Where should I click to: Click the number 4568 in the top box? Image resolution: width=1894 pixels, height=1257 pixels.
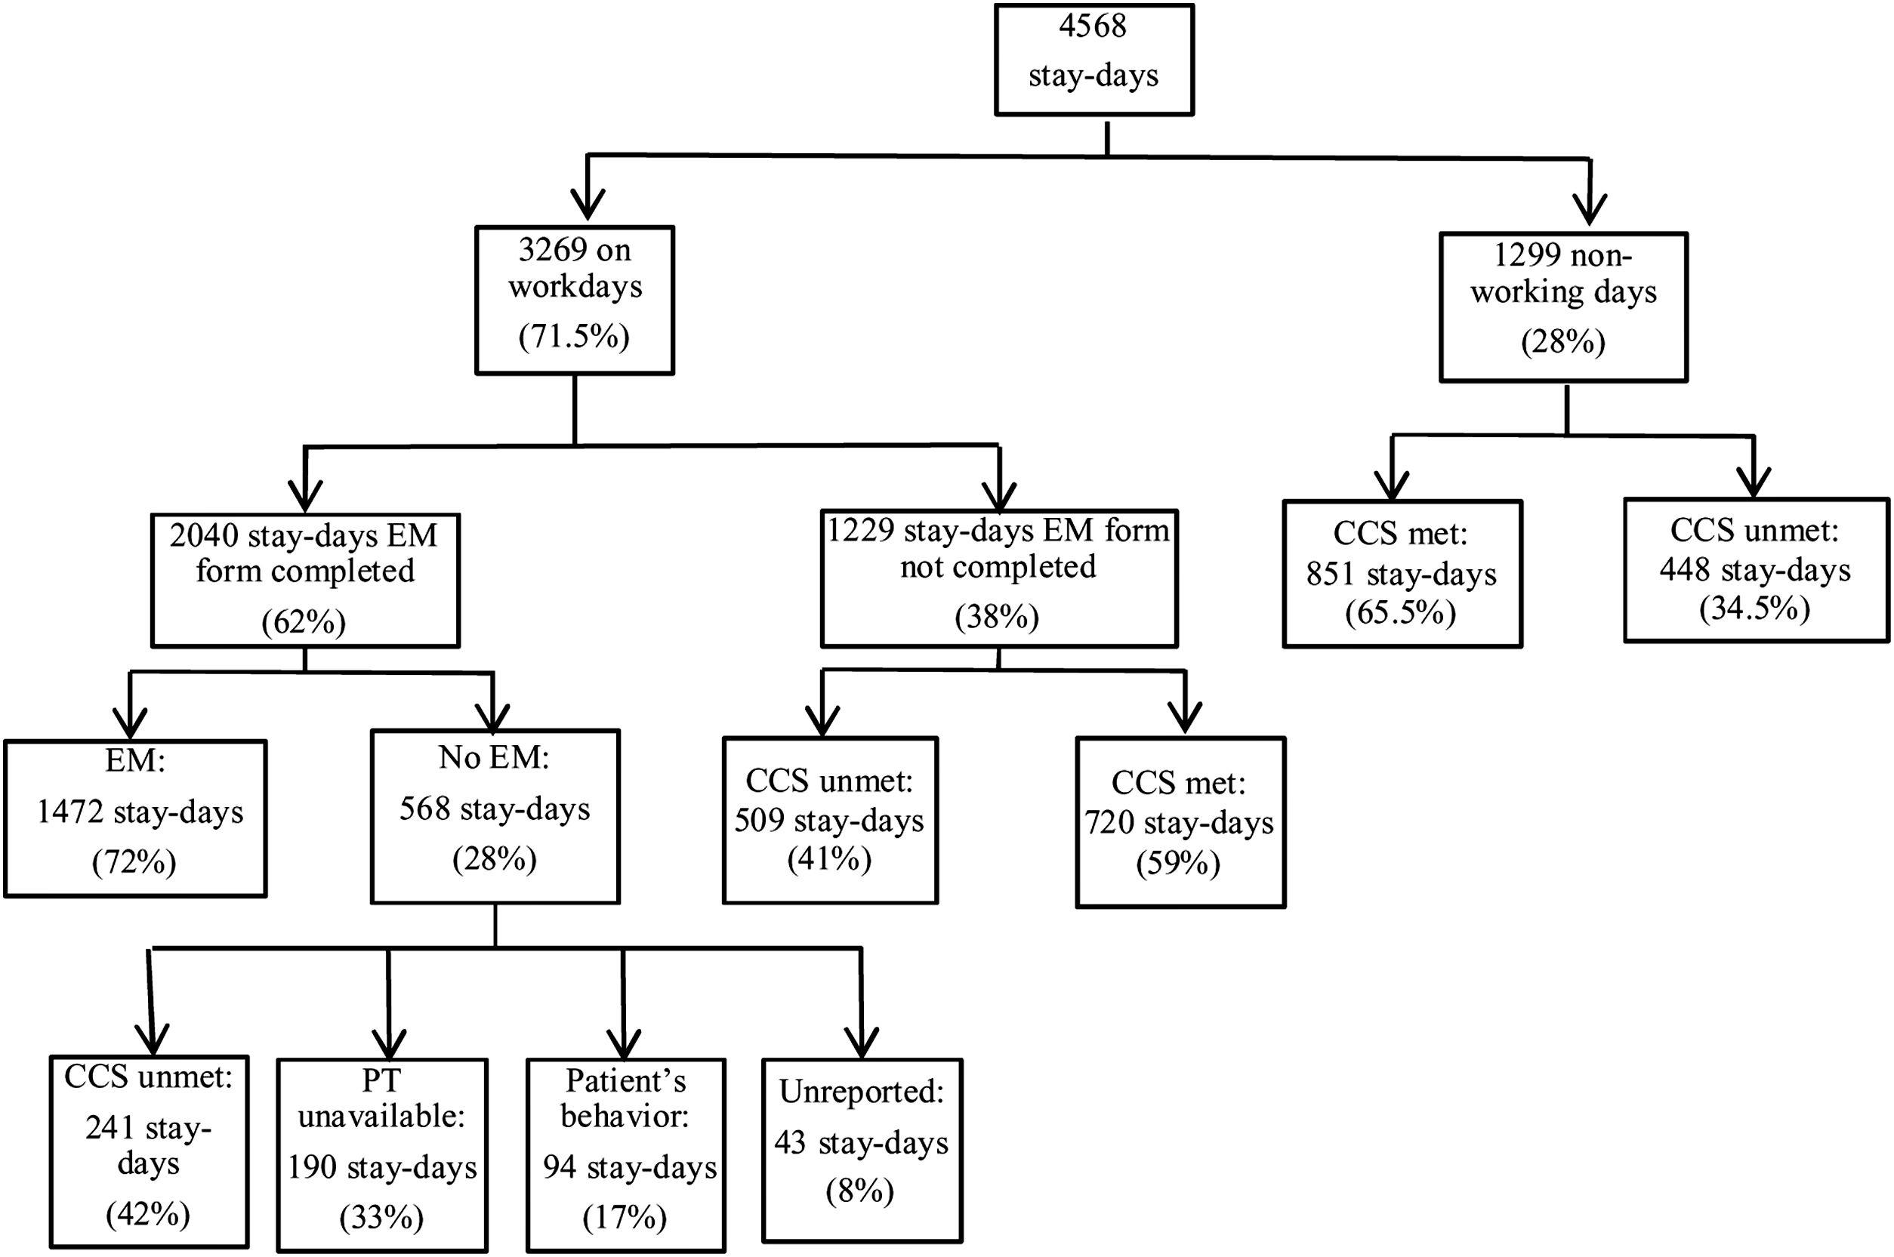(1092, 26)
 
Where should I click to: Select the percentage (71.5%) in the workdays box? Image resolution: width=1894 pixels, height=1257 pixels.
(574, 337)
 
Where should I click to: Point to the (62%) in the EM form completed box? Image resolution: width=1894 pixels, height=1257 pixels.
(304, 622)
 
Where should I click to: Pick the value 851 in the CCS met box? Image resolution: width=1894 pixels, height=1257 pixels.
(1331, 574)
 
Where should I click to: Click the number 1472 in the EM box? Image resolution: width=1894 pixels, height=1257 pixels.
(69, 812)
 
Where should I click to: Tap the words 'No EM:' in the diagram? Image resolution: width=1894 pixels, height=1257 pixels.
(494, 756)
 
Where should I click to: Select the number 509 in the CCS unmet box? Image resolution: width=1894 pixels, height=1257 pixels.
(758, 821)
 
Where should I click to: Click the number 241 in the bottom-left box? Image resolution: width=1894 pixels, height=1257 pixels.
(110, 1128)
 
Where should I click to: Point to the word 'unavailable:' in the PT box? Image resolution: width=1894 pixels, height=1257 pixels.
(381, 1115)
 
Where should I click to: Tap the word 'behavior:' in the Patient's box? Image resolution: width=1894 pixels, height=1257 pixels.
(625, 1115)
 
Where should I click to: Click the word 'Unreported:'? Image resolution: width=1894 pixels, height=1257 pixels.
(861, 1091)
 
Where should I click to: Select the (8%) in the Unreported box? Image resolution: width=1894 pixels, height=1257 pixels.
(859, 1191)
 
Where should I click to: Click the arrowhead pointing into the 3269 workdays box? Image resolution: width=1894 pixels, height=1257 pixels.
(588, 206)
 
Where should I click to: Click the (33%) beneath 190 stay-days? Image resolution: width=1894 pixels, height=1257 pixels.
(381, 1217)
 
